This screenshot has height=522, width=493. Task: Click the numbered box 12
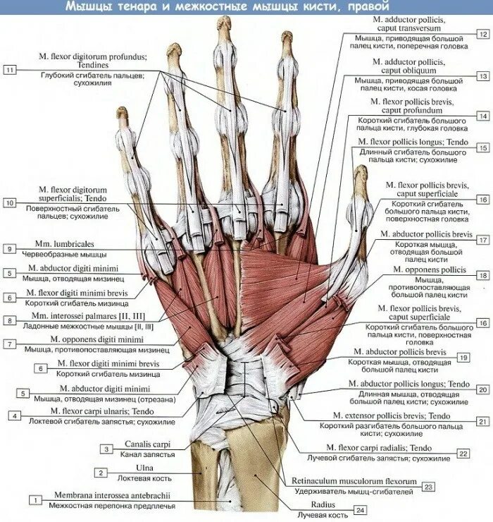tap(482, 33)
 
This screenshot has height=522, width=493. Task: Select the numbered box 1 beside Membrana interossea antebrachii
tap(33, 499)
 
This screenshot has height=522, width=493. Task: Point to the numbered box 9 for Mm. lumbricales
tap(9, 248)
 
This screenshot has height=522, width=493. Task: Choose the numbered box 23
tap(428, 486)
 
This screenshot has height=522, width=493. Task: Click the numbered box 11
tap(9, 70)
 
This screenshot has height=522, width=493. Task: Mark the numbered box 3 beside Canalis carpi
tap(106, 449)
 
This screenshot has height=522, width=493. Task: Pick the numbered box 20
tap(482, 389)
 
